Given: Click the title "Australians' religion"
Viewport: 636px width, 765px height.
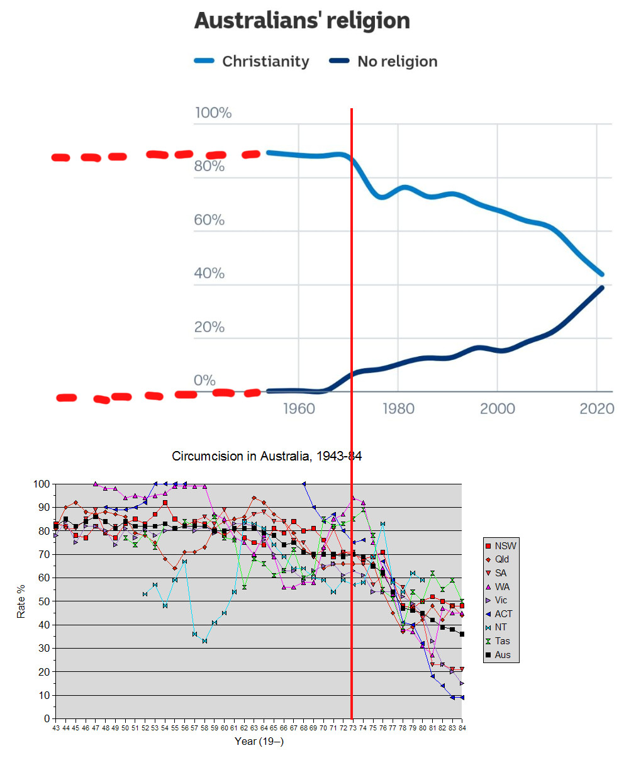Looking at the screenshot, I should [302, 21].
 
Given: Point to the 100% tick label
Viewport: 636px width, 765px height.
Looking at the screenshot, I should [213, 113].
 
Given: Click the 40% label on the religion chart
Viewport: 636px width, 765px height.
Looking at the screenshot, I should [209, 273].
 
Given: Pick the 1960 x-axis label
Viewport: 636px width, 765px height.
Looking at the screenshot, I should [299, 409].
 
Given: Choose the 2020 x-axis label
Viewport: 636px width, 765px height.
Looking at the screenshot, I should [596, 409].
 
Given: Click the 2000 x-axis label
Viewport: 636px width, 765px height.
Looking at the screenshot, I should [498, 409].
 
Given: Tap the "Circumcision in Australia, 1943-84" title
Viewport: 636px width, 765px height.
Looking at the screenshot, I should [267, 456].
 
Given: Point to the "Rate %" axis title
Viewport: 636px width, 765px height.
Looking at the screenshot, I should [21, 601].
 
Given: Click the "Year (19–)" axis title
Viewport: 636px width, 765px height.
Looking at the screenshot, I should [259, 741].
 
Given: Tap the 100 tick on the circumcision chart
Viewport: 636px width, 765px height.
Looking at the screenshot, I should [42, 484].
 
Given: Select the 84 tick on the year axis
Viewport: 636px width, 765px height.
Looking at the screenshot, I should [462, 728].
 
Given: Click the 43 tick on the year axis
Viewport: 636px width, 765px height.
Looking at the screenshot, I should [56, 728].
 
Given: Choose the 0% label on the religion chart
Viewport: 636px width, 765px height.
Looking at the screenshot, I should [204, 380].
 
